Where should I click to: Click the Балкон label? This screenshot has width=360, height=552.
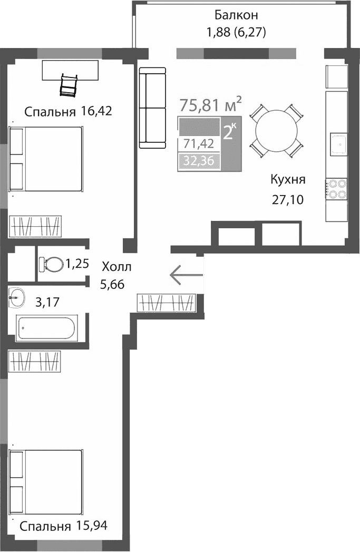(x=237, y=14)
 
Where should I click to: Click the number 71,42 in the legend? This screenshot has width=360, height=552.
(x=199, y=143)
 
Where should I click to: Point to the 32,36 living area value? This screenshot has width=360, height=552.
(x=199, y=161)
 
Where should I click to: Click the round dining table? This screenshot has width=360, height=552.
(x=276, y=131)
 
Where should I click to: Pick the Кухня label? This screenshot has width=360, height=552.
(x=288, y=179)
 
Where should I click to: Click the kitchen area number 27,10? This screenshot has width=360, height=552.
(x=288, y=200)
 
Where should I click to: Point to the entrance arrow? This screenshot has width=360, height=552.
(x=186, y=274)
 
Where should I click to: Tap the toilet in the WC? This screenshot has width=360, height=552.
(x=51, y=263)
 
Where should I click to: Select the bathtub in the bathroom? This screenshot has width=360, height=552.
(x=47, y=328)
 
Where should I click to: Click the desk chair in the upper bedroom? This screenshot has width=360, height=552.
(x=69, y=85)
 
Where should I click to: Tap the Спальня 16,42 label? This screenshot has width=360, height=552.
(x=69, y=111)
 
